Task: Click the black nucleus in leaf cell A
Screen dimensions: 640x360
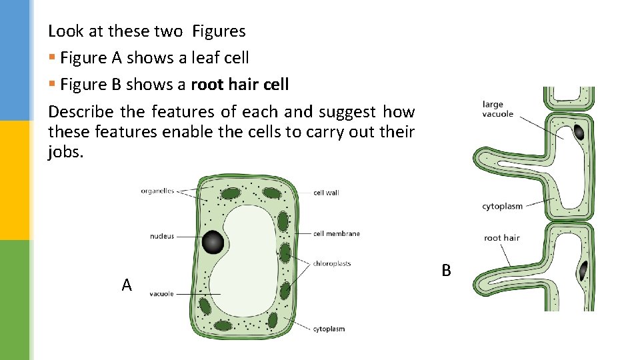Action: coord(213,242)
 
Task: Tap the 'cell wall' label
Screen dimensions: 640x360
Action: coord(326,193)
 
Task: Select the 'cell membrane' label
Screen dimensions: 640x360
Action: coord(337,233)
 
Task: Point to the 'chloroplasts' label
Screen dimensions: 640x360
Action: coord(332,263)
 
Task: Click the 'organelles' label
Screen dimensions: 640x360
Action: coord(157,191)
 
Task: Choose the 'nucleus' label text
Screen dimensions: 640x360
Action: coord(162,236)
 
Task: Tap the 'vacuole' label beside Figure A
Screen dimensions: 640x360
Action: coord(161,293)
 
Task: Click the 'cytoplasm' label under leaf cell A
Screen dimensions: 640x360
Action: coord(329,329)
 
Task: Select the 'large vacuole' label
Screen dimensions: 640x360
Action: coord(497,109)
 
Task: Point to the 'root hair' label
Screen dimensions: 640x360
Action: coord(501,238)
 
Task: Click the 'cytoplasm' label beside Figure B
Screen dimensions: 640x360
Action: coord(502,206)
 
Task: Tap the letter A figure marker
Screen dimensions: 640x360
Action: coord(127,285)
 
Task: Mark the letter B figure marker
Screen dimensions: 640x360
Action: coord(446,270)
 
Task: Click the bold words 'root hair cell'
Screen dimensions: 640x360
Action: coord(240,85)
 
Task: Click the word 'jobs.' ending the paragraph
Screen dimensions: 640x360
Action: coord(66,152)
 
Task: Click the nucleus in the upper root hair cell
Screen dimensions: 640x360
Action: coord(579,132)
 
